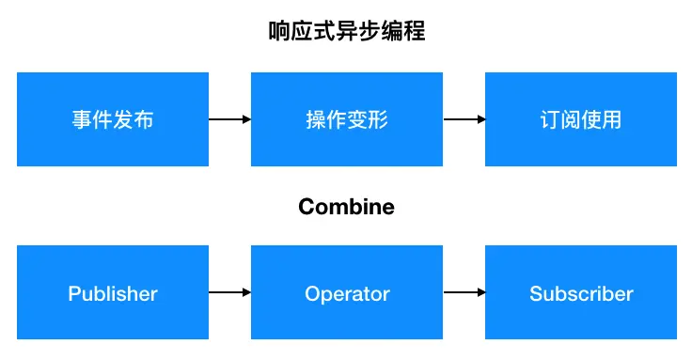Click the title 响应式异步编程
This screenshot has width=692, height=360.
click(x=346, y=32)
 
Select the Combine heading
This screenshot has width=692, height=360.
click(x=346, y=206)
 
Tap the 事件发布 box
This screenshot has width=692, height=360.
click(x=113, y=119)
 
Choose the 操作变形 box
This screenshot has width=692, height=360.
click(x=347, y=119)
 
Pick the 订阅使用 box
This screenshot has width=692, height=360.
click(x=581, y=119)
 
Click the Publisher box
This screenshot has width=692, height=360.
click(x=113, y=293)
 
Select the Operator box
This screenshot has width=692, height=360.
click(x=347, y=293)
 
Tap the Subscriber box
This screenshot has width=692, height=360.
click(x=581, y=293)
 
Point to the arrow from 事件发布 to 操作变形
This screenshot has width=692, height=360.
click(x=229, y=119)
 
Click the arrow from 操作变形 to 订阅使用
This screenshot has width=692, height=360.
click(x=464, y=119)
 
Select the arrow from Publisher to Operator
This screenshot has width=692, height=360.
click(x=229, y=293)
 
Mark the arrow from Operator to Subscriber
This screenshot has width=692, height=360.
click(x=464, y=293)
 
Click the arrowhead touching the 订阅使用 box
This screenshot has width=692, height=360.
click(x=480, y=119)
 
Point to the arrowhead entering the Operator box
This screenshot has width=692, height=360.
click(x=246, y=293)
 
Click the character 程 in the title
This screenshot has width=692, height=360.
click(x=414, y=32)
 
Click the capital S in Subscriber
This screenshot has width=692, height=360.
click(x=536, y=293)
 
